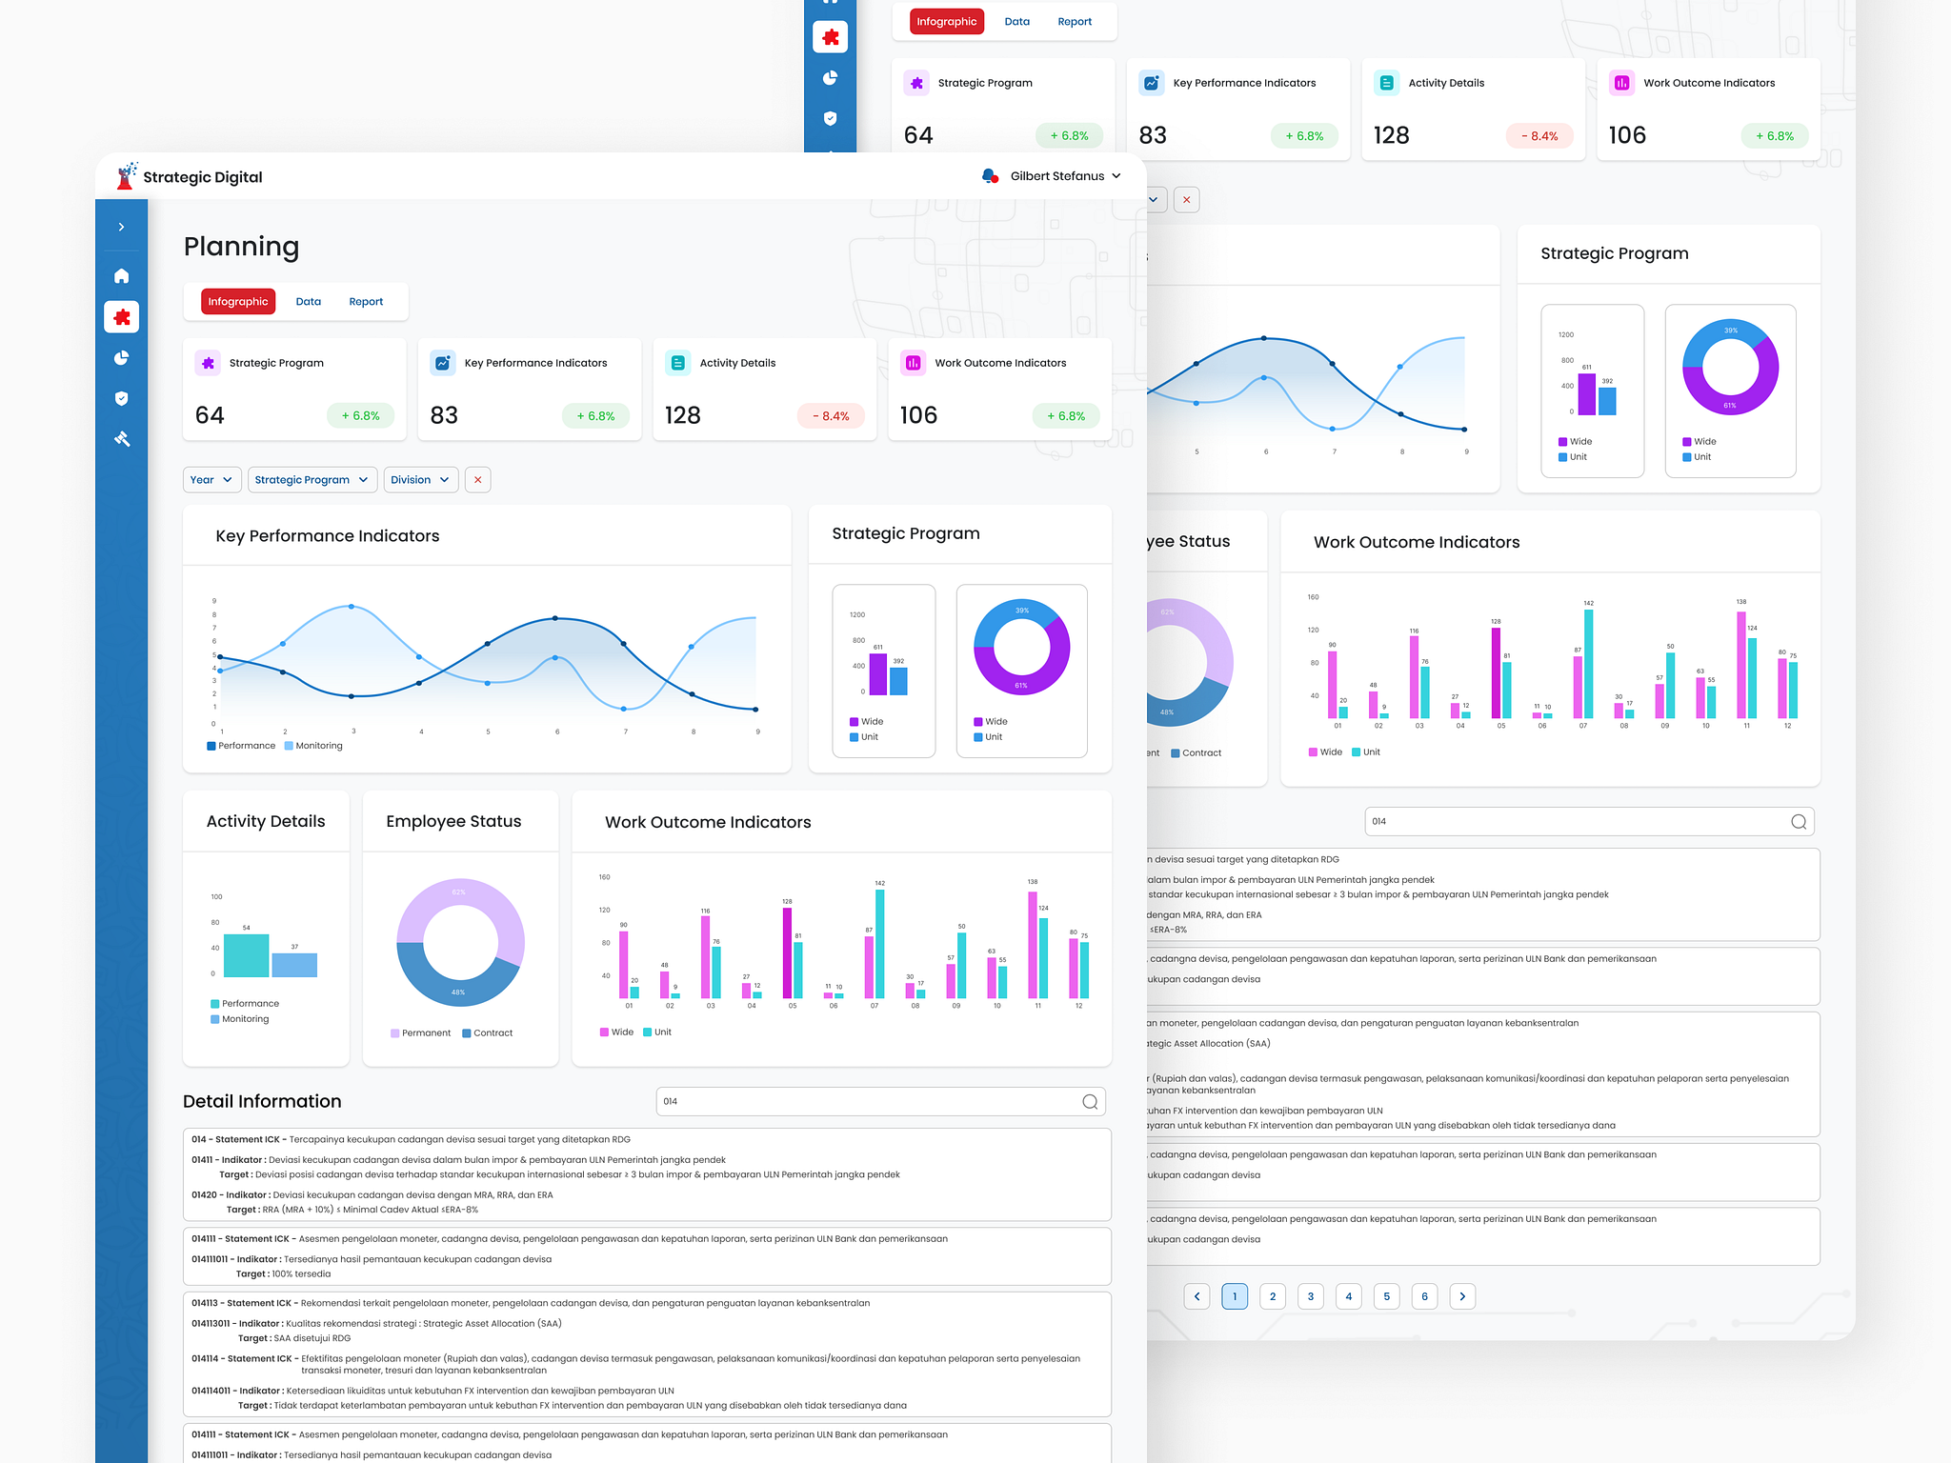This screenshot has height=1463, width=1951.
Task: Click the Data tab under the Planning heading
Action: tap(308, 302)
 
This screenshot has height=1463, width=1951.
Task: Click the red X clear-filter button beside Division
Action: tap(477, 480)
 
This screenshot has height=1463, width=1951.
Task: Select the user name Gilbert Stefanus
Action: tap(1056, 176)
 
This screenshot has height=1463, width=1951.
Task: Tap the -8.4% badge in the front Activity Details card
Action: tap(830, 416)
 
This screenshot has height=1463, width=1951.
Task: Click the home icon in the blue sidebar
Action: tap(122, 276)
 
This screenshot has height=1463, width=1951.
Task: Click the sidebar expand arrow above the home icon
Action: tap(122, 227)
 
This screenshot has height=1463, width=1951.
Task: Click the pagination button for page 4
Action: tap(1348, 1296)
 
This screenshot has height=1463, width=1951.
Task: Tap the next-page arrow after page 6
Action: tap(1462, 1296)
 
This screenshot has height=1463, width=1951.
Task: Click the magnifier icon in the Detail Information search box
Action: tap(1090, 1102)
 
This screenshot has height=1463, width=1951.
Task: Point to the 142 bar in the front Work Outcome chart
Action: tap(879, 943)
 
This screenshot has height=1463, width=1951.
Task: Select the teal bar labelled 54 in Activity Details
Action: tap(246, 955)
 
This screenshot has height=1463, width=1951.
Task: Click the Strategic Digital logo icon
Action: tap(126, 176)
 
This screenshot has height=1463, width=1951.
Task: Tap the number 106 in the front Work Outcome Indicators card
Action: tap(918, 415)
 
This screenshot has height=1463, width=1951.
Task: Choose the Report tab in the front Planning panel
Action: tap(366, 302)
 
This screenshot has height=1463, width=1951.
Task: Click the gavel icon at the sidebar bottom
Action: tap(122, 439)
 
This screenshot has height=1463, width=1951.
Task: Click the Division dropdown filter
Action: tap(420, 480)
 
